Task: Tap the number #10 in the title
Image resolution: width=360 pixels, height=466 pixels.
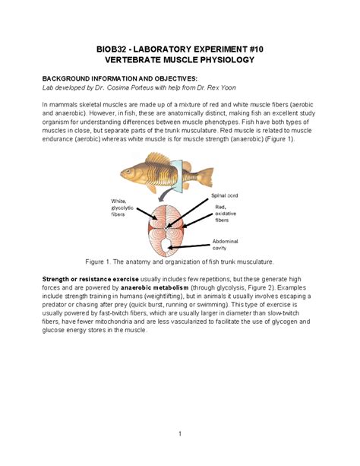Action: click(x=257, y=49)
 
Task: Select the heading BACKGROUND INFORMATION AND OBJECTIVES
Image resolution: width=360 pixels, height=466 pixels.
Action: click(x=120, y=79)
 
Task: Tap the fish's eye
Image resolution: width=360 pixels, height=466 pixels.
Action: click(x=128, y=171)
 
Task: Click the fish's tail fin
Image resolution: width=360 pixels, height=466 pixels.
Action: click(x=206, y=176)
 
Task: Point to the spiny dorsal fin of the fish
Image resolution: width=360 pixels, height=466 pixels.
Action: click(x=157, y=158)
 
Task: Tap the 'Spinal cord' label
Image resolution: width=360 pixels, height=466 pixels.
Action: click(x=225, y=195)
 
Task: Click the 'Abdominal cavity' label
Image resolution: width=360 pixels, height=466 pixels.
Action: click(x=225, y=245)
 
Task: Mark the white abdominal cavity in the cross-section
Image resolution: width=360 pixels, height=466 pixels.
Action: click(x=165, y=245)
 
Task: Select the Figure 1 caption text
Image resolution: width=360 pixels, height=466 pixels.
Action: click(x=179, y=262)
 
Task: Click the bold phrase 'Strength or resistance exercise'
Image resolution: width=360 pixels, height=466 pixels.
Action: click(x=90, y=279)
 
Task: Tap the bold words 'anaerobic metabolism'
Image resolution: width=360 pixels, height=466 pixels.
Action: click(x=154, y=287)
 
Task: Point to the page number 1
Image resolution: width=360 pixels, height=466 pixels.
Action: click(x=180, y=434)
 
